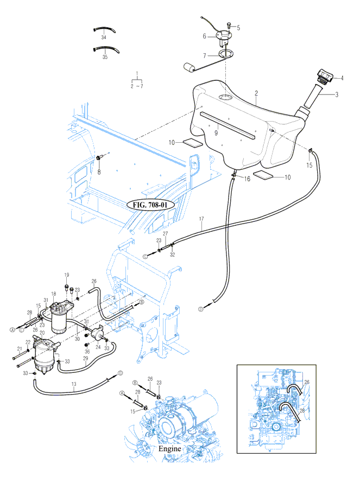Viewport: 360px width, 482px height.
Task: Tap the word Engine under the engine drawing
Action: pos(169,449)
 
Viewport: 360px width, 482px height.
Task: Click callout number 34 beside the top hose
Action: pos(103,38)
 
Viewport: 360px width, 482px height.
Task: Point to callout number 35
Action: pos(105,56)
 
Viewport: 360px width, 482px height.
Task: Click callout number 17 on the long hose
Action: pos(201,219)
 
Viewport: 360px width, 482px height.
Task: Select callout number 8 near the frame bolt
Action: pos(99,172)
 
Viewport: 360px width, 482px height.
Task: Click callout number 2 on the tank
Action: pos(255,93)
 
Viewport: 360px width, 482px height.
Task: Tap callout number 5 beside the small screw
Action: pos(237,27)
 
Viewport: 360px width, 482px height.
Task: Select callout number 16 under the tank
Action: pos(247,179)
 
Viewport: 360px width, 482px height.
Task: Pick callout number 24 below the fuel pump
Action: pos(98,347)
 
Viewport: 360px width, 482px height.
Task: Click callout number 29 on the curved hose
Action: pos(85,359)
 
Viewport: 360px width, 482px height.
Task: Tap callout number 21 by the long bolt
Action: pos(19,348)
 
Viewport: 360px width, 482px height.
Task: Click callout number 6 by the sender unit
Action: pos(204,37)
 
